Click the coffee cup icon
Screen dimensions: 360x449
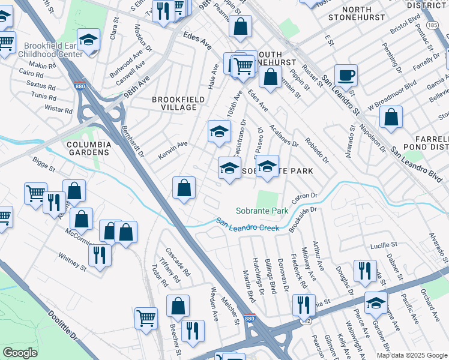[x=346, y=76]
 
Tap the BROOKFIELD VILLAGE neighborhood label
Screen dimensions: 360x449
[x=174, y=103]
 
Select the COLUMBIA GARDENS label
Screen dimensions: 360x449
[x=89, y=149]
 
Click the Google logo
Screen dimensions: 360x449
[x=20, y=353]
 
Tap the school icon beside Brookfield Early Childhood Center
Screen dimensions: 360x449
[x=89, y=41]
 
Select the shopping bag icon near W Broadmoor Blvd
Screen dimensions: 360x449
[x=391, y=119]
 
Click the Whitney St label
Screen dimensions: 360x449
[x=73, y=262]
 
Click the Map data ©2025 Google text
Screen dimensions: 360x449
[x=412, y=355]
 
